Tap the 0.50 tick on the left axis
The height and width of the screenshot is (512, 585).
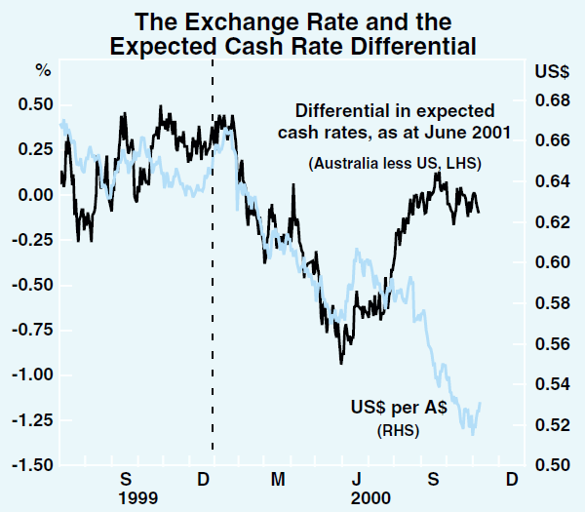pos(36,104)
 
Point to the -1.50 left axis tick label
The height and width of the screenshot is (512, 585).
pos(33,465)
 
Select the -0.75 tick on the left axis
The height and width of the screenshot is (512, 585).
pos(33,330)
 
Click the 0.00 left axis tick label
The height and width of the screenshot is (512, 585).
pos(36,195)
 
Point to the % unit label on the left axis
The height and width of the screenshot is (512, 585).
pos(43,70)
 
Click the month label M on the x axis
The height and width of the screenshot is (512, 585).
pos(279,479)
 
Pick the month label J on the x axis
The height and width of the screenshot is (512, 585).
pos(357,479)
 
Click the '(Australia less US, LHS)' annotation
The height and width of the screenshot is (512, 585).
pos(395,163)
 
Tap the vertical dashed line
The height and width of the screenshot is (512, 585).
pos(213,293)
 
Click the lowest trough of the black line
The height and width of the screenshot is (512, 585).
pos(341,364)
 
